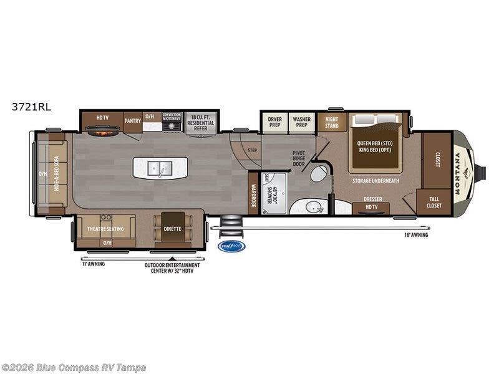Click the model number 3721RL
click(31, 107)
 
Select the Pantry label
click(132, 120)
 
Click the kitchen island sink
click(160, 168)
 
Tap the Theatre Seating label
click(105, 228)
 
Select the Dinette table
click(173, 228)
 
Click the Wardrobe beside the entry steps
click(253, 194)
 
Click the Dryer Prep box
click(274, 122)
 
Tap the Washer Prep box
click(302, 122)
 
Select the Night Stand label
click(332, 122)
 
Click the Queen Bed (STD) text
click(376, 143)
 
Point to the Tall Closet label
click(434, 202)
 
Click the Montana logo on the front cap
click(463, 174)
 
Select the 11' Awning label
click(93, 264)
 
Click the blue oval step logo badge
click(231, 246)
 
